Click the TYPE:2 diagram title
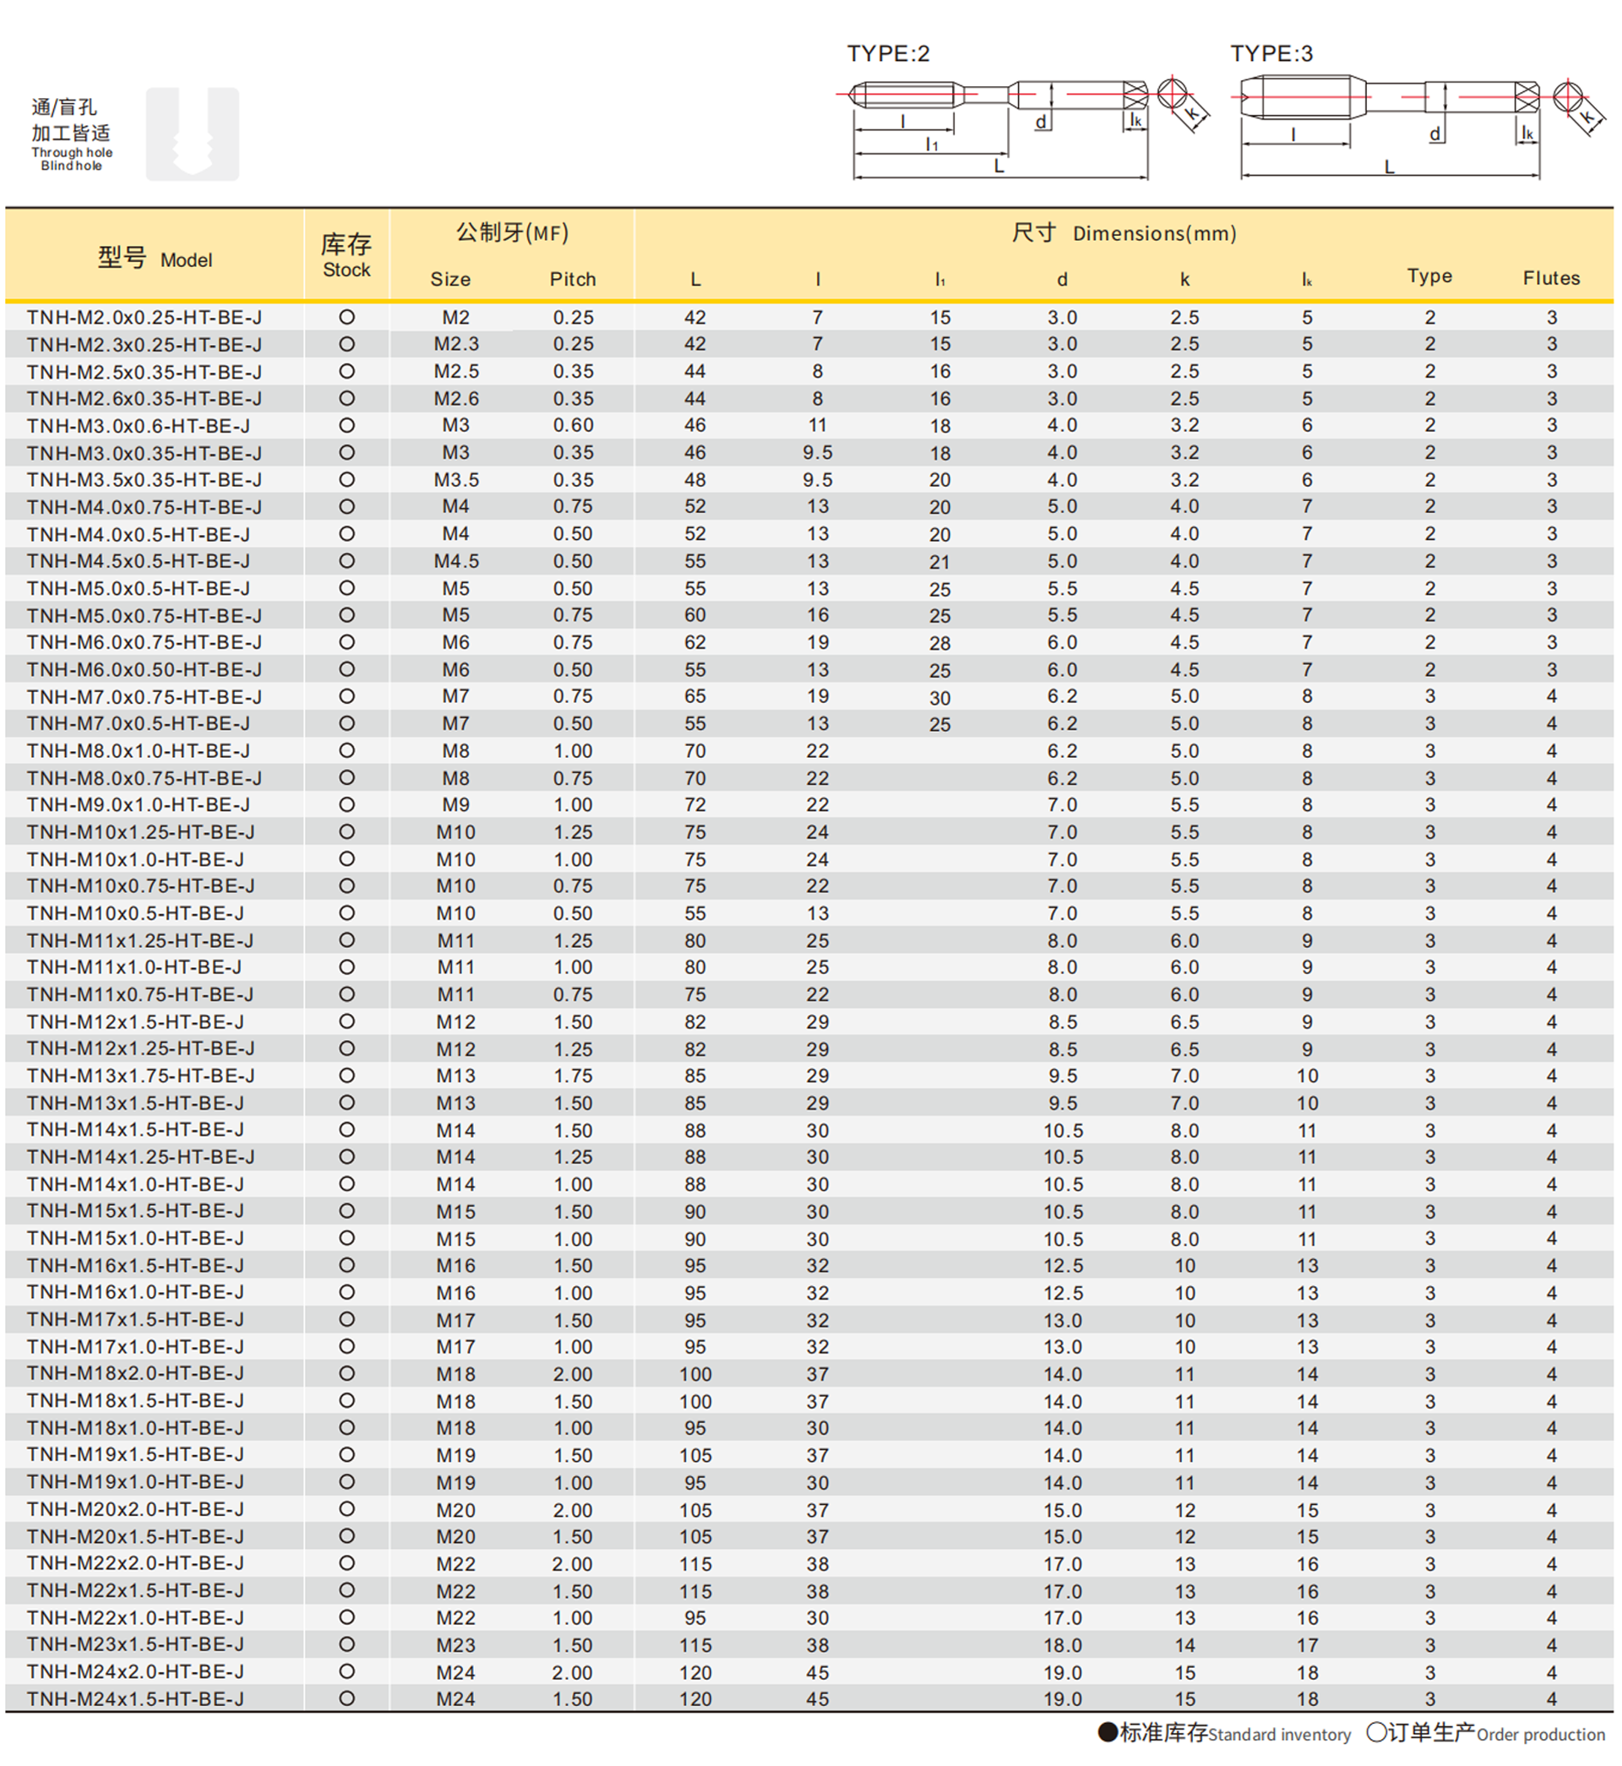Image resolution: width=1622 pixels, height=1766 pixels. coord(887,53)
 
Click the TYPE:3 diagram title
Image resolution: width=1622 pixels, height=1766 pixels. coord(1271,53)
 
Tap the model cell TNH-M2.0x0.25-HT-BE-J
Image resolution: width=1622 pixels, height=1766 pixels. coord(144,318)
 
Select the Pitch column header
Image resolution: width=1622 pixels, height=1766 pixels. coord(572,279)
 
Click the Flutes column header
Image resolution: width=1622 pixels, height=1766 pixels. coord(1551,278)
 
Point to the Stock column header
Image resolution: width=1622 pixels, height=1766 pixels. coord(346,255)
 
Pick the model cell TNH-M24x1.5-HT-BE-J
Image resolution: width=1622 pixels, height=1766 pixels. coord(135,1698)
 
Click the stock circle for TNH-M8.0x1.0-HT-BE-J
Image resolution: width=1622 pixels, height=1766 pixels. coord(346,751)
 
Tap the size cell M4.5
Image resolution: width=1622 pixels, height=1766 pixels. coord(455,562)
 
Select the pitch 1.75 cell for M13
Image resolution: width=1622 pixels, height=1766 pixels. coord(572,1076)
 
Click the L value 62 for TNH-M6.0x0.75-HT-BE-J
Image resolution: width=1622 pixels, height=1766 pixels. coord(695,642)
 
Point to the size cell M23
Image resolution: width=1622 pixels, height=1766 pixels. coord(455,1645)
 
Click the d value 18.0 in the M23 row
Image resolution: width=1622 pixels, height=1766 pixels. coord(1062,1645)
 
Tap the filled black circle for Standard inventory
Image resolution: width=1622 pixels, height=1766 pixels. coord(1108,1731)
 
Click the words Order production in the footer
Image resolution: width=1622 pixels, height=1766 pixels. coord(1540,1735)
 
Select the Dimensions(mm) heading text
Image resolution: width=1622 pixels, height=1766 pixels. coord(1154,233)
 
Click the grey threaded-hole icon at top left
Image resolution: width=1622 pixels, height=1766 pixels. coord(193,134)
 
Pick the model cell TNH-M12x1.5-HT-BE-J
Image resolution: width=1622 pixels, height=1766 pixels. coord(135,1022)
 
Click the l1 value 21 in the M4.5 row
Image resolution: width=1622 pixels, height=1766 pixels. coord(940,562)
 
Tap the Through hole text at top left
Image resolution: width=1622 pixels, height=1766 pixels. coord(72,153)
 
